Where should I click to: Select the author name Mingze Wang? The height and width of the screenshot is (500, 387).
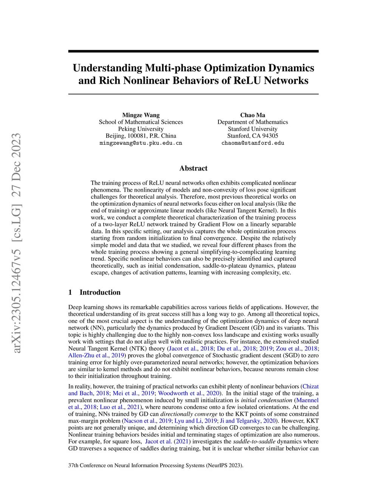(141, 115)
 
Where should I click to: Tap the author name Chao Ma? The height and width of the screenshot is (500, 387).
(252, 115)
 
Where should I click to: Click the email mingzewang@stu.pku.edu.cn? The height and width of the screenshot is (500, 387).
(141, 143)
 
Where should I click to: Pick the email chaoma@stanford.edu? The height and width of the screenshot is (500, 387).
(252, 143)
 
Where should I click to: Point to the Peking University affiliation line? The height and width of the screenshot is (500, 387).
(141, 129)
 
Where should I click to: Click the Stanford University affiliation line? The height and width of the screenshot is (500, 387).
(252, 129)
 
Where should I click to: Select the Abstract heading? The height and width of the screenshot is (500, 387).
(193, 168)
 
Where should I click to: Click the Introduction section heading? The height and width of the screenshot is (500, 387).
(100, 292)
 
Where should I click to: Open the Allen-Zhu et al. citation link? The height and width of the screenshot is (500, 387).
(88, 355)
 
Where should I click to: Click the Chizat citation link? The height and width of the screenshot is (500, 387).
(311, 386)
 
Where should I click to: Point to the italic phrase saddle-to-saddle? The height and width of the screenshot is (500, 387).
(254, 442)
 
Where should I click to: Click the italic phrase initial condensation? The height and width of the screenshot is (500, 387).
(266, 400)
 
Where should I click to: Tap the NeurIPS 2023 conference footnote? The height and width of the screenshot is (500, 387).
(156, 465)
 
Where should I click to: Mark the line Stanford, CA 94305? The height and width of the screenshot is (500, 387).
(252, 136)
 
